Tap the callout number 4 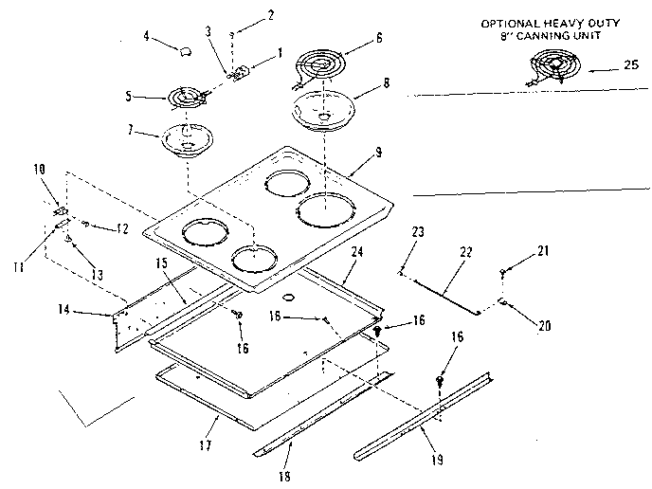pos(147,39)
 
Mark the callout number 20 pos(544,327)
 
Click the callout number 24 pos(357,252)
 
